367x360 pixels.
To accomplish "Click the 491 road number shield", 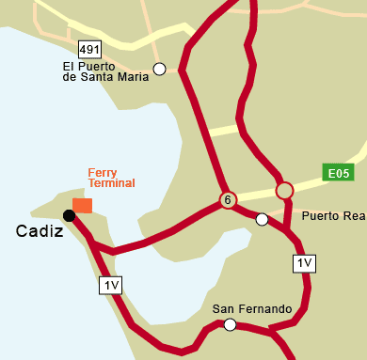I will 89,49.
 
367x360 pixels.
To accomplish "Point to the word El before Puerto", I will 68,66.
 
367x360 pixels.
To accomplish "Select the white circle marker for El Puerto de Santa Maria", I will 160,69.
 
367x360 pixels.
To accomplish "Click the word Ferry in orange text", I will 102,172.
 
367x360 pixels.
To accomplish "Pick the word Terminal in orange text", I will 112,183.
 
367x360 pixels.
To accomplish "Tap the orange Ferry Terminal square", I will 83,206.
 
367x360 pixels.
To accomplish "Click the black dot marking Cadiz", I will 69,215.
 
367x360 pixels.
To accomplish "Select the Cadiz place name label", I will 40,231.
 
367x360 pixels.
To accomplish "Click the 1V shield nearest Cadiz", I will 111,284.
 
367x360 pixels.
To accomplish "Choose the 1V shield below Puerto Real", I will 304,264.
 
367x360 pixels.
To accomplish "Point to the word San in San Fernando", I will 223,308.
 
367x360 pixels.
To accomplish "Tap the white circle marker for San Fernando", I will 230,325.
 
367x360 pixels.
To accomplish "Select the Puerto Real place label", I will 333,216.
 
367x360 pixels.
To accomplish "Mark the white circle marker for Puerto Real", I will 263,220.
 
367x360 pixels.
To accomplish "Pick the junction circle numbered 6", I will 227,200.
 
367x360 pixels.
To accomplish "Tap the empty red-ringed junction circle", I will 284,191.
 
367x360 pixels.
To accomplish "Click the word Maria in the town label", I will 134,78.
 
